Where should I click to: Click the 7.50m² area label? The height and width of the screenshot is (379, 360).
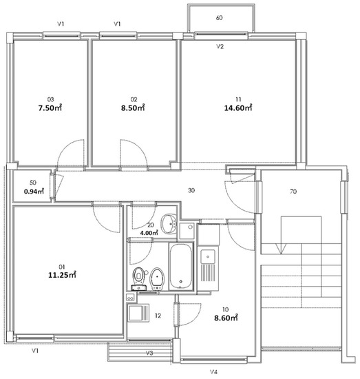point(50,107)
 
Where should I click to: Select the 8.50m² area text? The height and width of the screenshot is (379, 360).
point(133,107)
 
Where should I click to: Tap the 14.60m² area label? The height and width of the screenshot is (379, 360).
point(238,107)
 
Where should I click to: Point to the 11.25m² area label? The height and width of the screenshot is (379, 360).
point(63,275)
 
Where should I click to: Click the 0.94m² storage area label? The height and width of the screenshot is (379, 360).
point(34,192)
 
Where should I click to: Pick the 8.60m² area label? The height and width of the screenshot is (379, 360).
point(226,318)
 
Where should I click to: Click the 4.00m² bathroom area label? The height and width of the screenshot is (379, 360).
point(149,233)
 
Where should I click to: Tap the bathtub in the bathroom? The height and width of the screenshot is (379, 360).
point(181,266)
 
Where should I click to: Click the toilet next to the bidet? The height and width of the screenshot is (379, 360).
point(139,278)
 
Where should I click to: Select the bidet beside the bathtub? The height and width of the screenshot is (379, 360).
point(157,278)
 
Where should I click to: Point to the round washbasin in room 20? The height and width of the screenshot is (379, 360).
point(169,224)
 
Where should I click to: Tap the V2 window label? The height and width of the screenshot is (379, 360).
point(220,46)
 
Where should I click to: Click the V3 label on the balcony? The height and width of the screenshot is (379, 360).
point(149,353)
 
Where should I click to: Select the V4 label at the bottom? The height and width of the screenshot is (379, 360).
point(213,371)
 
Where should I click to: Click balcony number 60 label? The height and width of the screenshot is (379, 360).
point(220,18)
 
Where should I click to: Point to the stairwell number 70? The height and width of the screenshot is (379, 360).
point(293,192)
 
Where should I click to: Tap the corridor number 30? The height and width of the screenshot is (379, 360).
point(191,190)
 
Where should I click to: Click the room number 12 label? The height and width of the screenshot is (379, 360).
point(158,316)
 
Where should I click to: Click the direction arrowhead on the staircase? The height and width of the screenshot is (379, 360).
point(281,249)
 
